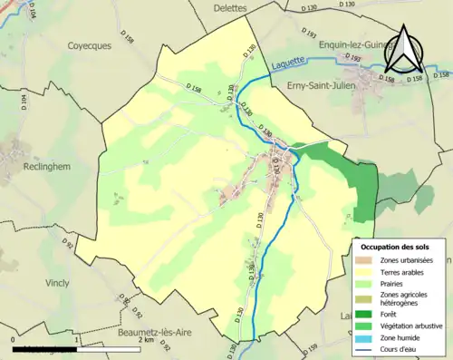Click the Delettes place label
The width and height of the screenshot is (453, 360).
[231, 8]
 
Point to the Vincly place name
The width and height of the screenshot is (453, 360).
[56, 283]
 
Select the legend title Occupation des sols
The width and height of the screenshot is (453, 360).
[401, 247]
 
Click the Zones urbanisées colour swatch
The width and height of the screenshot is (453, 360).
[367, 261]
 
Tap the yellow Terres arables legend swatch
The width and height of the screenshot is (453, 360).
[367, 272]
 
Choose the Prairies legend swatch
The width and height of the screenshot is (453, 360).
[367, 284]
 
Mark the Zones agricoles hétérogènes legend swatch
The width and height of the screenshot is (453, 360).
[367, 298]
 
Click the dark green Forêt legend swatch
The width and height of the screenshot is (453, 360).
[367, 314]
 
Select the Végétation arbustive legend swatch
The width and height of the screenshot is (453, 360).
[367, 326]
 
